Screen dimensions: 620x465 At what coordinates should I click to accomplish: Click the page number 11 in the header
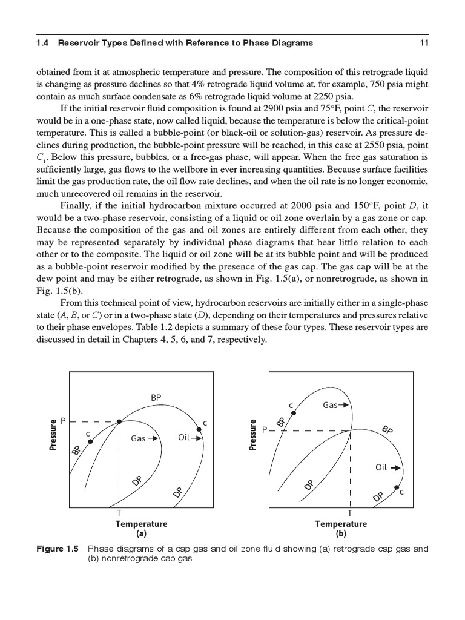point(424,42)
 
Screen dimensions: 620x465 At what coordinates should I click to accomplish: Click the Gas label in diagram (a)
point(138,438)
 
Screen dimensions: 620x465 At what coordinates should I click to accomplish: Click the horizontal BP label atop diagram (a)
point(156,398)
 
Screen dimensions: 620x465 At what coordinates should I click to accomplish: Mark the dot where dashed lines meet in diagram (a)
point(119,421)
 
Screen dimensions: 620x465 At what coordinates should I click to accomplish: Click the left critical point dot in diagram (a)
point(91,441)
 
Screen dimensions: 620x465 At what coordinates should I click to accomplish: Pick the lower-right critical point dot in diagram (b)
point(397,487)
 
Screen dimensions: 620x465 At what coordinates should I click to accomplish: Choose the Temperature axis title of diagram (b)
point(341,524)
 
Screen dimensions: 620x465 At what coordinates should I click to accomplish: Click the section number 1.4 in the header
point(44,42)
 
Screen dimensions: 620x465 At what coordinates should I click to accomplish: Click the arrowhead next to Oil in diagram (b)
point(398,468)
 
